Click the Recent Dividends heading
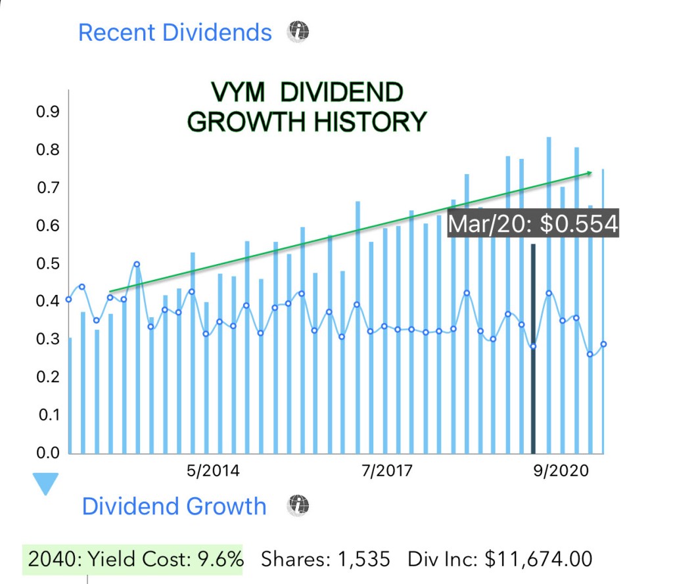point(174,32)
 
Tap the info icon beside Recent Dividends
point(298,31)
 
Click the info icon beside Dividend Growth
point(298,505)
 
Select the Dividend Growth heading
point(174,506)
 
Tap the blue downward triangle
point(47,485)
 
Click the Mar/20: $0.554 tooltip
point(533,223)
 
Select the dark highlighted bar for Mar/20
point(534,348)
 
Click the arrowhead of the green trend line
point(589,173)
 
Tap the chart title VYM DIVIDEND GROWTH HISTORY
point(307,107)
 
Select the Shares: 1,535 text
point(325,560)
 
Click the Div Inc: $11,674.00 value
point(499,560)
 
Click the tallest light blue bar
point(549,296)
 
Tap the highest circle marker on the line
point(137,264)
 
